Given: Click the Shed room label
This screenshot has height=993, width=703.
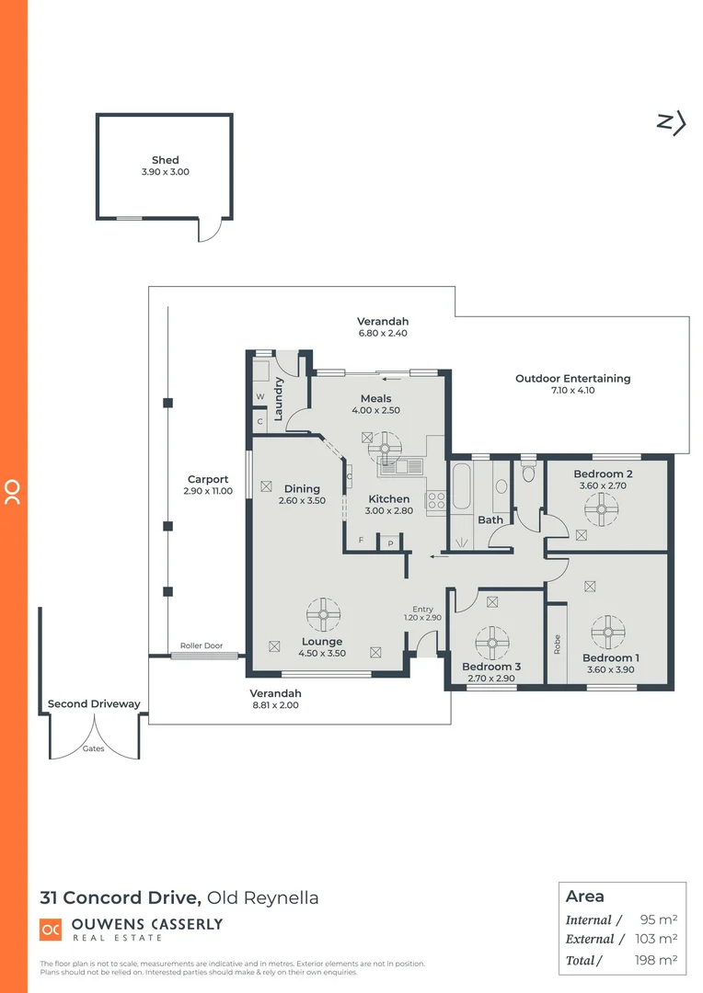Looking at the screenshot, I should (x=166, y=160).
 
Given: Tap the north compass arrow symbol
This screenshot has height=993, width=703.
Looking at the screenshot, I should (x=673, y=123).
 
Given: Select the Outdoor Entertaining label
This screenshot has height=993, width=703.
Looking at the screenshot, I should (x=572, y=378).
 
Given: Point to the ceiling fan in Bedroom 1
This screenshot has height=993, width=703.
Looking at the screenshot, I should (x=608, y=632).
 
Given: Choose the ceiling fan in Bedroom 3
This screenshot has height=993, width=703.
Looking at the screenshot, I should (x=493, y=640).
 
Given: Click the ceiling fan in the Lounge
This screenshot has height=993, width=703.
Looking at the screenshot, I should (x=324, y=614).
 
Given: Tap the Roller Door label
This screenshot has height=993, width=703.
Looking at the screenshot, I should (x=202, y=646).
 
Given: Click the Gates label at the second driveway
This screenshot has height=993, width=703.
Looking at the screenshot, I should (x=93, y=748).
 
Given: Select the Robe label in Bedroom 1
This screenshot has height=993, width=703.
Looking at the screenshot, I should (x=557, y=644).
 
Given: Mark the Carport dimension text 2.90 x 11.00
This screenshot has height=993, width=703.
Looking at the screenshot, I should (x=208, y=491).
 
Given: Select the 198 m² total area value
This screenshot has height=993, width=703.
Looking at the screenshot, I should (x=659, y=961).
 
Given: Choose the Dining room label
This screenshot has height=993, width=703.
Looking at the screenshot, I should (x=302, y=489).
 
